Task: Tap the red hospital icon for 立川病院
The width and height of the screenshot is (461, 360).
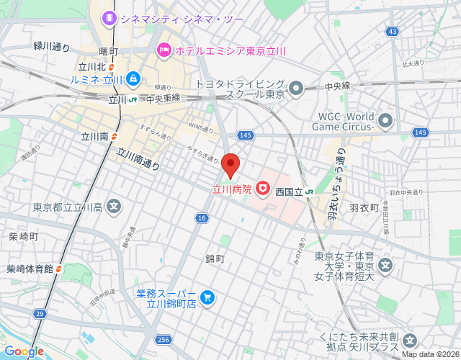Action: coord(264,190)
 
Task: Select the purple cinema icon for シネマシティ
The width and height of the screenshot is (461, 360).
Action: coord(109,17)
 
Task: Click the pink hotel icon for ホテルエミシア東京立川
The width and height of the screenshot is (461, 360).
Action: coord(164,50)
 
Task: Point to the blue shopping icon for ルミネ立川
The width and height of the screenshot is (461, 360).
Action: coord(134,78)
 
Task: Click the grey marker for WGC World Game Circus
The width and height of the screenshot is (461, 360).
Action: coord(386,120)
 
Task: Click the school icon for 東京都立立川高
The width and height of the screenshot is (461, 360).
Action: coord(114,208)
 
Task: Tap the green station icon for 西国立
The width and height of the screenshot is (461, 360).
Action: coord(308,192)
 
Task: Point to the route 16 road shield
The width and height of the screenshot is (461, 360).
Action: coord(201,218)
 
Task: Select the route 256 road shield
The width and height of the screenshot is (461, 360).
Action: coord(164,338)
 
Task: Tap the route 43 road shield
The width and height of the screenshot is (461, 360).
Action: coord(392,32)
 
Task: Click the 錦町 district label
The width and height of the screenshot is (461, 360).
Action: coord(215,258)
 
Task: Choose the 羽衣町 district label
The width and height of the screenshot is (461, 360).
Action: coord(363,207)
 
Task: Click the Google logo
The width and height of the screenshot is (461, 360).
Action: coord(24,351)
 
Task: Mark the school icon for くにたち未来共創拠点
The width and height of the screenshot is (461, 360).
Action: coord(410,341)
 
